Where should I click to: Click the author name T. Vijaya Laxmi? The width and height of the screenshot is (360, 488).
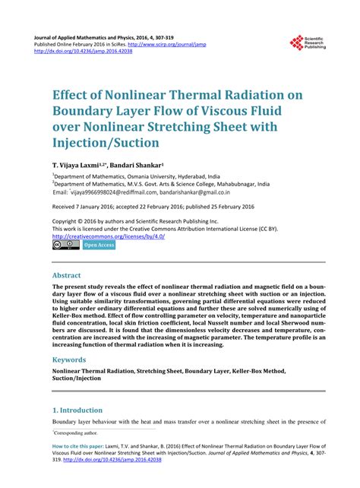click(x=78, y=164)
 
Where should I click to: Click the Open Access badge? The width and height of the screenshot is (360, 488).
click(x=98, y=246)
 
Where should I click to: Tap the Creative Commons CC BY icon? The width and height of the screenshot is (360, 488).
click(x=65, y=246)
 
